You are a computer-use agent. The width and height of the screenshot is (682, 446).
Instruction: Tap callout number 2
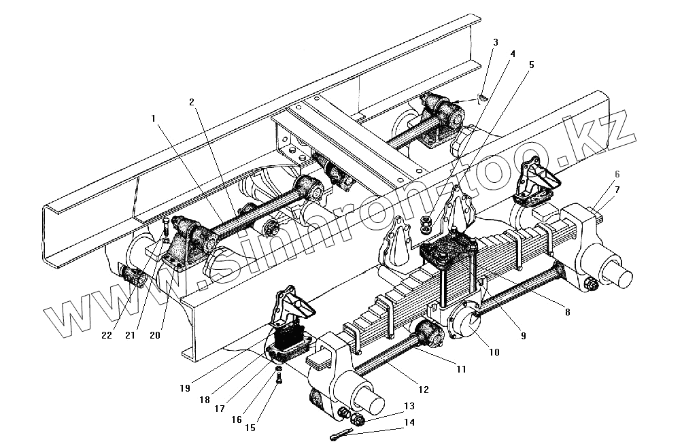[x=192, y=101]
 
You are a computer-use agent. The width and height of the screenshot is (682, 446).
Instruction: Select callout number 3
[x=495, y=42]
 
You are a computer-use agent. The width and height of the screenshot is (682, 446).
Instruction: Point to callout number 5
[x=531, y=65]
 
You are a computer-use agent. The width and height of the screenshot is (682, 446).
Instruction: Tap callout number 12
[x=423, y=390]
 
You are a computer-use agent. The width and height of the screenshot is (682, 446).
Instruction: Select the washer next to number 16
[x=279, y=370]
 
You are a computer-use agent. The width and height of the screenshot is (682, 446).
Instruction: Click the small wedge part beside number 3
[x=481, y=97]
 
